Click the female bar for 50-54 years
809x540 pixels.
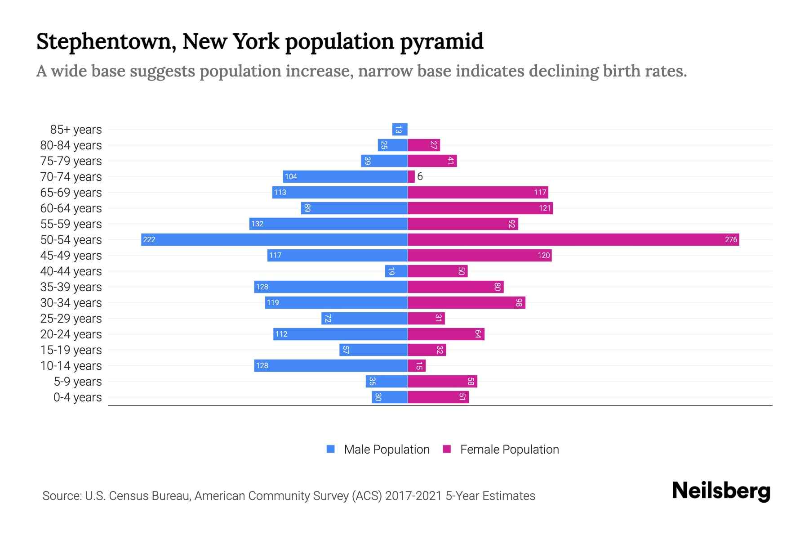[x=573, y=239]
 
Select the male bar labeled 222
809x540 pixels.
[x=274, y=239]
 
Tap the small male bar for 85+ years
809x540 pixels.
[x=400, y=130]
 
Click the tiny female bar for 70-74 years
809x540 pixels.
[x=411, y=177]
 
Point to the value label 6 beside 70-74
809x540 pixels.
[x=420, y=176]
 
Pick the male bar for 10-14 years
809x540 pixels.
[x=331, y=365]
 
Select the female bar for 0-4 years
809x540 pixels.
[x=438, y=397]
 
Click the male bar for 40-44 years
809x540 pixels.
[x=396, y=271]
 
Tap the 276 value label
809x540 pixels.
[x=731, y=239]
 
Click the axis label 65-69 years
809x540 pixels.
[x=71, y=193]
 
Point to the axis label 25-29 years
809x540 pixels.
[x=71, y=319]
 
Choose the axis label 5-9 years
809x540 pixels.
[x=77, y=382]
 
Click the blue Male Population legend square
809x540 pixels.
[x=331, y=449]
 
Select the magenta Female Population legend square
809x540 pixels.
[x=447, y=449]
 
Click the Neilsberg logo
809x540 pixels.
[x=721, y=491]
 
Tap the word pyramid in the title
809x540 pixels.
[x=442, y=42]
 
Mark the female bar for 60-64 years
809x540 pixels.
[x=480, y=208]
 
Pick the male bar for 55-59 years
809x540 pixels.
[x=329, y=224]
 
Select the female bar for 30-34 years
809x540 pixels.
[x=467, y=302]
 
